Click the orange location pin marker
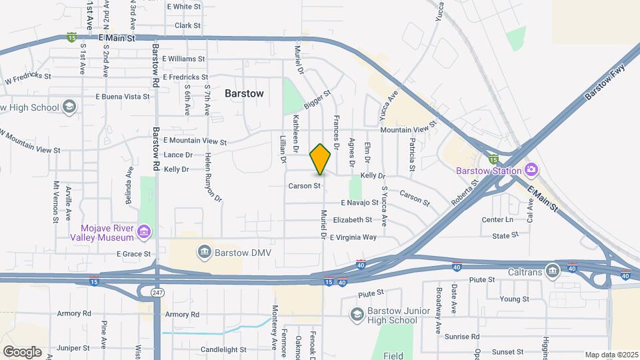coord(321,159)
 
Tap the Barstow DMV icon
coord(205,251)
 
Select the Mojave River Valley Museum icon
coord(144,232)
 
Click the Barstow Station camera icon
coord(531,170)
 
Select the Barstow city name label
coord(244,93)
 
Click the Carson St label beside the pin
coord(305,185)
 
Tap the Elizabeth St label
coord(362,219)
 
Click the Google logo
coord(22,351)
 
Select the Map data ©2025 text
coord(611,355)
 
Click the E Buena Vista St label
coord(123,97)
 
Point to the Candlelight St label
coord(223,349)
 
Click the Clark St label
coord(187,25)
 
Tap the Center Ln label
coord(498,219)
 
